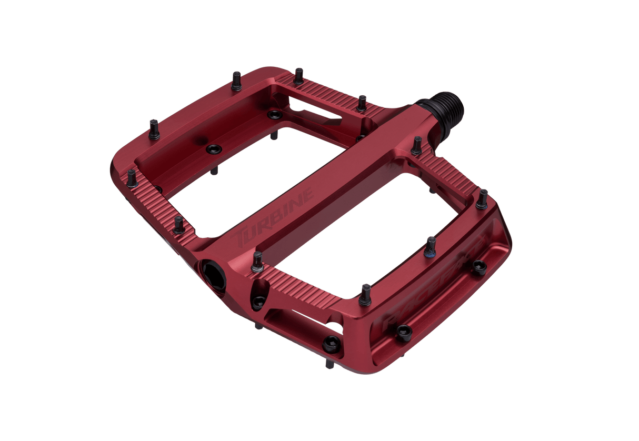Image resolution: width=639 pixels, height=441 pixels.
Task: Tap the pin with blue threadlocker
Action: pos(431,246)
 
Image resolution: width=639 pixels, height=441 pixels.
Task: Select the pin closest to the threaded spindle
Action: pos(417,145)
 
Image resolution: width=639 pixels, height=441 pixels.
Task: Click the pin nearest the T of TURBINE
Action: pos(257,261)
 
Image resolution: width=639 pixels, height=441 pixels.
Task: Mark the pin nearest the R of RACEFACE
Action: pos(365,294)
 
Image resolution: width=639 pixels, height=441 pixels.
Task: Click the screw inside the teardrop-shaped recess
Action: pos(259,301)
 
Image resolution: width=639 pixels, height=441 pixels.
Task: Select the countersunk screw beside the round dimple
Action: pos(214,149)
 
